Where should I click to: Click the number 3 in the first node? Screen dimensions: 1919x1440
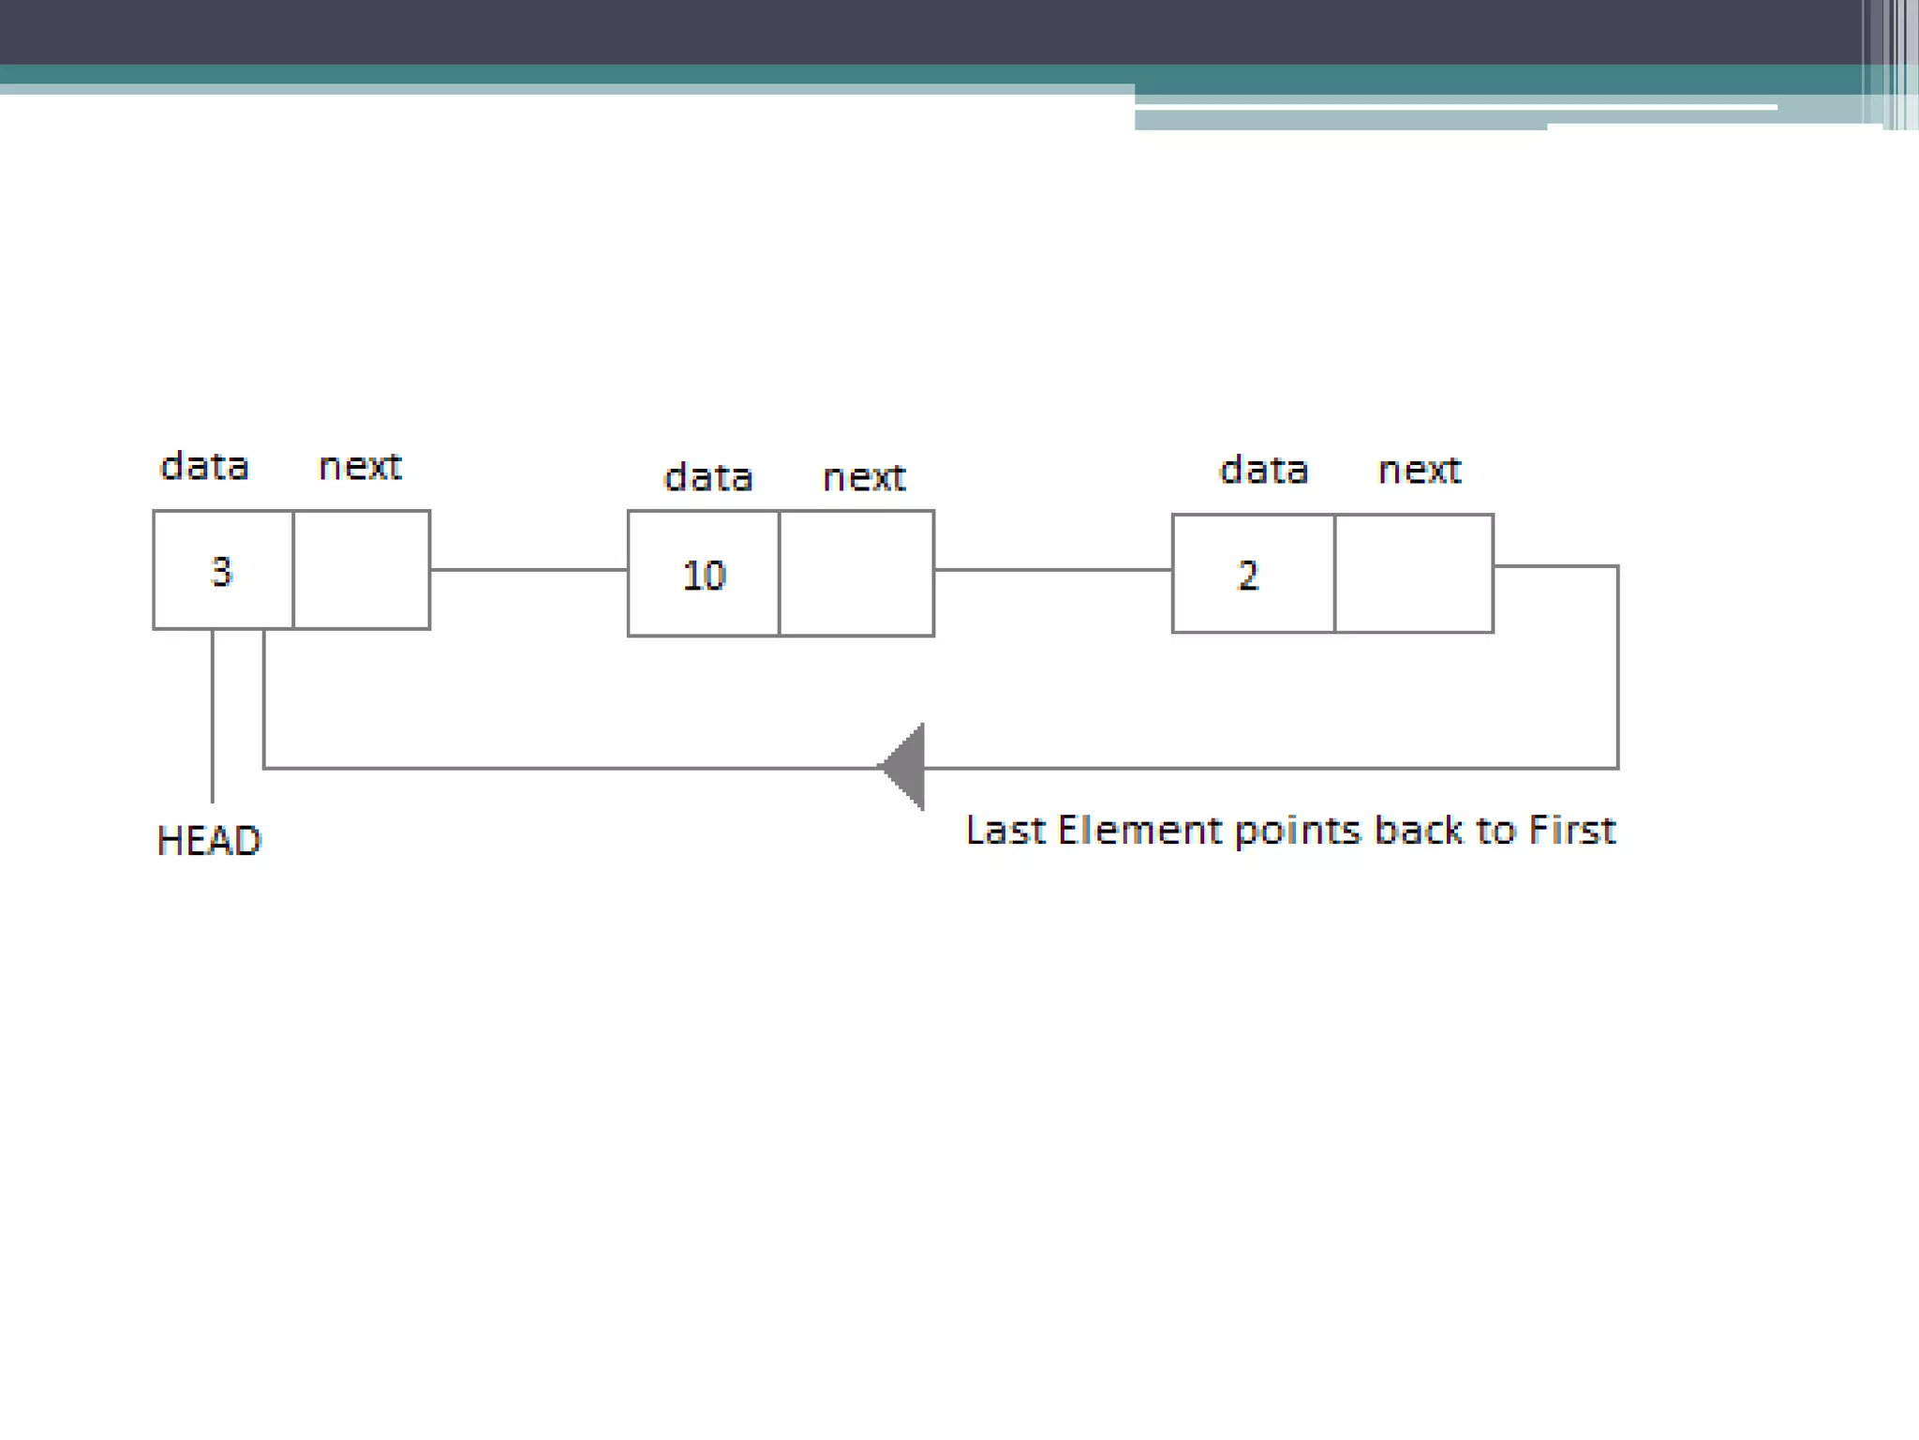221,571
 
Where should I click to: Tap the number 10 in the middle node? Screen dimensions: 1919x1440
704,575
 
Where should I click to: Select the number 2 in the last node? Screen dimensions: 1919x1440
1247,575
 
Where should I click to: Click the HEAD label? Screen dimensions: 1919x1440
209,840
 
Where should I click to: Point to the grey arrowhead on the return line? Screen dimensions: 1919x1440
904,767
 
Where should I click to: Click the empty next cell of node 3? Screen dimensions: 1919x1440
362,570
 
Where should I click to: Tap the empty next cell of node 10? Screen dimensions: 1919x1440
856,574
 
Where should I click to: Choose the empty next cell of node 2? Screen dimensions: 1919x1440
1414,574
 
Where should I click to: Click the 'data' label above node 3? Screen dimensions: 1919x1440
204,466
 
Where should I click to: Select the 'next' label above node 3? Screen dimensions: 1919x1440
360,466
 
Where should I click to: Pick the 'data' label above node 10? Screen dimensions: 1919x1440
707,477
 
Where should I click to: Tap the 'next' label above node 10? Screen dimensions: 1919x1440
864,477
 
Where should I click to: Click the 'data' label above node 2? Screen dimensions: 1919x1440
1263,470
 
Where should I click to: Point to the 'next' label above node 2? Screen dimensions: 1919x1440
1420,470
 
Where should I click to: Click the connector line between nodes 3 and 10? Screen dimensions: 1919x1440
528,569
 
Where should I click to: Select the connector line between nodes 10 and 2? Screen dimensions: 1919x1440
1052,569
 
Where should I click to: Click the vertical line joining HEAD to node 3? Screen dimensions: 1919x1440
213,717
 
